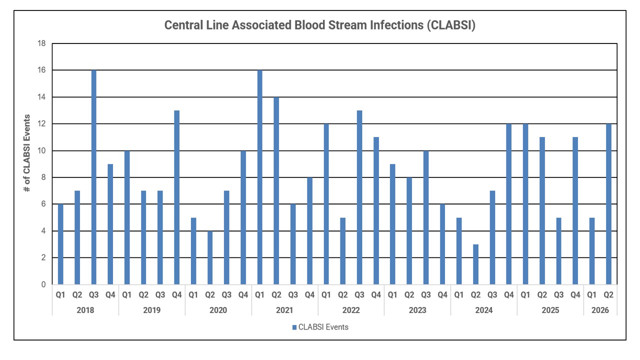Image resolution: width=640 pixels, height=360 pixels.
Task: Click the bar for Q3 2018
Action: (x=93, y=177)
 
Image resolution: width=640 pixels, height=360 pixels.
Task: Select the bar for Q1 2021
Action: (x=259, y=177)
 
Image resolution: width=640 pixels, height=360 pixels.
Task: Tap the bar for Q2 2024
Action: (x=475, y=264)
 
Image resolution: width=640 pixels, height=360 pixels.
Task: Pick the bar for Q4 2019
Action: (x=177, y=197)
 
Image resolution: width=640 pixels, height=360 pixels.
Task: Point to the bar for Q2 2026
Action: (x=608, y=204)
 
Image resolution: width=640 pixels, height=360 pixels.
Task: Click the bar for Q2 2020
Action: (x=210, y=257)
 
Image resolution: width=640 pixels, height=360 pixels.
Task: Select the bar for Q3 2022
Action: (x=359, y=197)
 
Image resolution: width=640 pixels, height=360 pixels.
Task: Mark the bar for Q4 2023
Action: (x=442, y=244)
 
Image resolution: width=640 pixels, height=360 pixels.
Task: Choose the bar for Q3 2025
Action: (x=559, y=251)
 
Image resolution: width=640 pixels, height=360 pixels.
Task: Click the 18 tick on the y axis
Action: (x=41, y=43)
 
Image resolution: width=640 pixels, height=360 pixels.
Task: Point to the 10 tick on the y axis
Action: (x=41, y=150)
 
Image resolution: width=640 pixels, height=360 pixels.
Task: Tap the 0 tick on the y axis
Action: (x=43, y=284)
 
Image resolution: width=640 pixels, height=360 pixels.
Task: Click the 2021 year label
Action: (x=284, y=310)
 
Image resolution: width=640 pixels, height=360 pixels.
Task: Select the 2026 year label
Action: (x=600, y=310)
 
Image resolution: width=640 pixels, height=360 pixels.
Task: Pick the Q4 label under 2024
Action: (x=509, y=295)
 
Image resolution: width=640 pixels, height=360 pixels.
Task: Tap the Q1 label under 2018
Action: (x=60, y=295)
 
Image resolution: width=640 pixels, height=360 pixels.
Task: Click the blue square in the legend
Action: (x=294, y=327)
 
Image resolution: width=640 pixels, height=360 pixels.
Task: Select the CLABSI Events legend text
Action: (x=323, y=327)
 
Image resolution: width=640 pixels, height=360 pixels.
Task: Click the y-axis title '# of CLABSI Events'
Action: (x=27, y=153)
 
